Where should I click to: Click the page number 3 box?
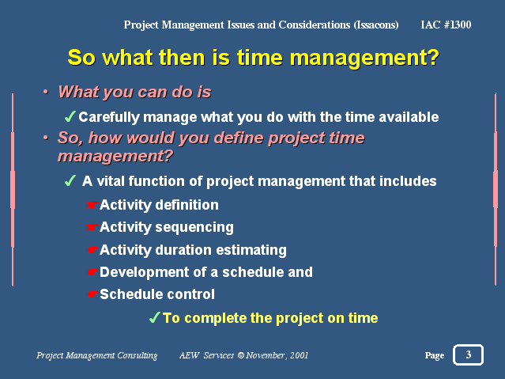468,354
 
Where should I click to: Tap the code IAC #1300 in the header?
446,25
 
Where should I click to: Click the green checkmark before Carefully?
70,116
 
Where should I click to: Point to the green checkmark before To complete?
155,317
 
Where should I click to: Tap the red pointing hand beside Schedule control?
92,294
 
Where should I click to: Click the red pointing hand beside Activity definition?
92,205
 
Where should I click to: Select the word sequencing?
194,228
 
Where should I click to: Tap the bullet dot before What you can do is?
46,93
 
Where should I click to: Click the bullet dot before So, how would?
46,138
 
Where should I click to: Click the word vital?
111,181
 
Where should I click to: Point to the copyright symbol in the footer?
241,355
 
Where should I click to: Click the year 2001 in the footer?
299,355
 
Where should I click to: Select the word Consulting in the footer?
138,355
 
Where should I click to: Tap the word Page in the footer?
435,355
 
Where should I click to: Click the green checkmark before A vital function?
70,180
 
